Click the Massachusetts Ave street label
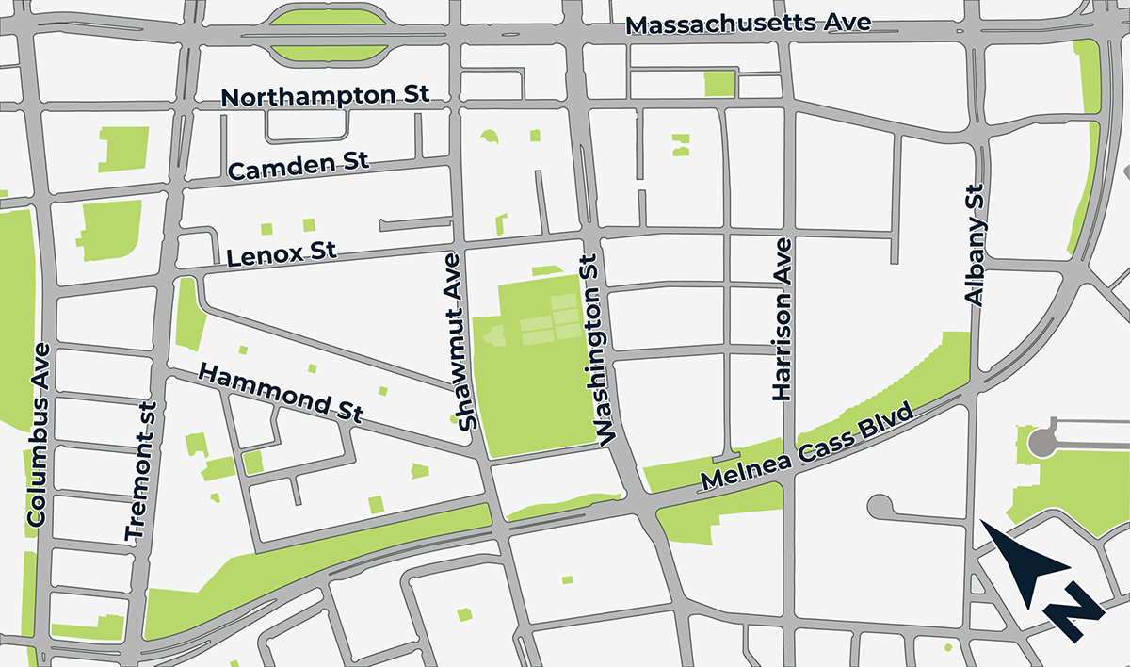coord(749,24)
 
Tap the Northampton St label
coord(325,96)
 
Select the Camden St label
coord(299,167)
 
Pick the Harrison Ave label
coord(783,319)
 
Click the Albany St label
coord(975,244)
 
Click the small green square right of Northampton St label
coord(718,84)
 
